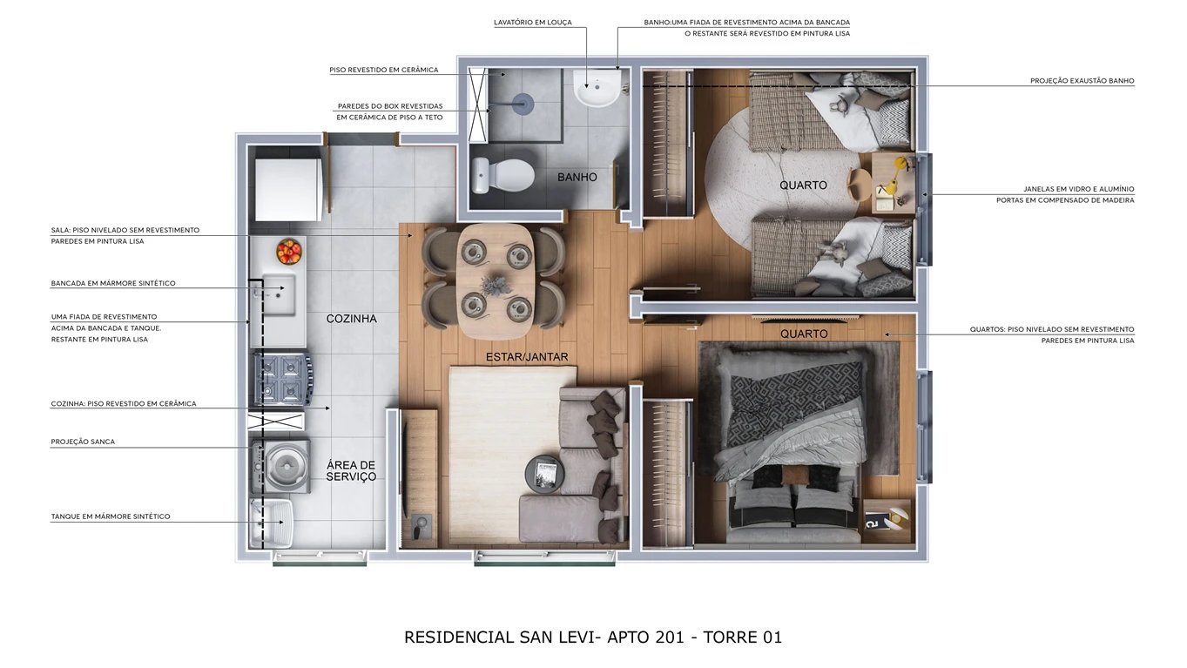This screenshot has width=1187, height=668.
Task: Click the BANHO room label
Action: [x=577, y=178]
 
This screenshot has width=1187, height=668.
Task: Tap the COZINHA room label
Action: [x=352, y=319]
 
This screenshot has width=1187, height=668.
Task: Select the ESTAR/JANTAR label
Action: [x=527, y=357]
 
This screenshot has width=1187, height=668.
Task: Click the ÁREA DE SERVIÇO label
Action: [x=352, y=471]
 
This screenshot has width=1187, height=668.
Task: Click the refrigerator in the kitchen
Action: [x=287, y=188]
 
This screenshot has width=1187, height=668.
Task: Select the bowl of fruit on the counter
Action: [x=289, y=252]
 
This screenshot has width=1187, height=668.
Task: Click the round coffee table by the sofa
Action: [x=545, y=473]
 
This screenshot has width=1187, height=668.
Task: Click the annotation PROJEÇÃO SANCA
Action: [x=83, y=442]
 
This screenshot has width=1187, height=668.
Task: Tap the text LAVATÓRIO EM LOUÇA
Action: [x=533, y=23]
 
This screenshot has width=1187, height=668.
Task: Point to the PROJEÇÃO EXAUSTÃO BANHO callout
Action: [x=1082, y=81]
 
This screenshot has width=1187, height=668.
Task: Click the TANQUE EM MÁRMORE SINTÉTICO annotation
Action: [x=111, y=516]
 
